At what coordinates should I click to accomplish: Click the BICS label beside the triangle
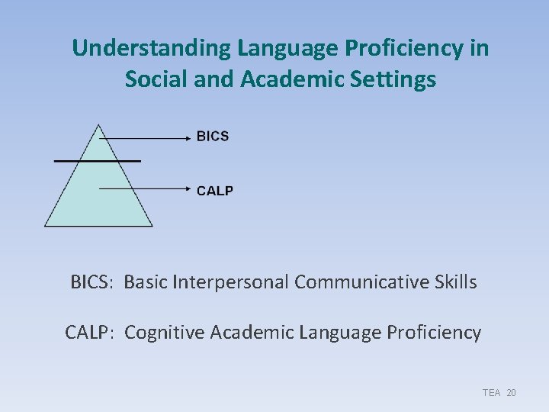tap(212, 137)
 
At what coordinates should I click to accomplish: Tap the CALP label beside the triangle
tap(214, 190)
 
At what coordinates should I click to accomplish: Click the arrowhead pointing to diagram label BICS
tap(187, 138)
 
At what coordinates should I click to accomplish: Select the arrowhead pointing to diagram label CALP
tap(187, 188)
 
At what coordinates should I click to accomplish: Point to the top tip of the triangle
tap(98, 124)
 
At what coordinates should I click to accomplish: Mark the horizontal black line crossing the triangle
tap(98, 161)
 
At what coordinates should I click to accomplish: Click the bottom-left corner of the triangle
tap(46, 226)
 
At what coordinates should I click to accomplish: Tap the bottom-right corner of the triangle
tap(152, 226)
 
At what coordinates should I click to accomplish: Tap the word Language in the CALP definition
tap(340, 333)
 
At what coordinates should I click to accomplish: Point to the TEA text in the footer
tap(491, 392)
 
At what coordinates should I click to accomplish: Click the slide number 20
tap(511, 392)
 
